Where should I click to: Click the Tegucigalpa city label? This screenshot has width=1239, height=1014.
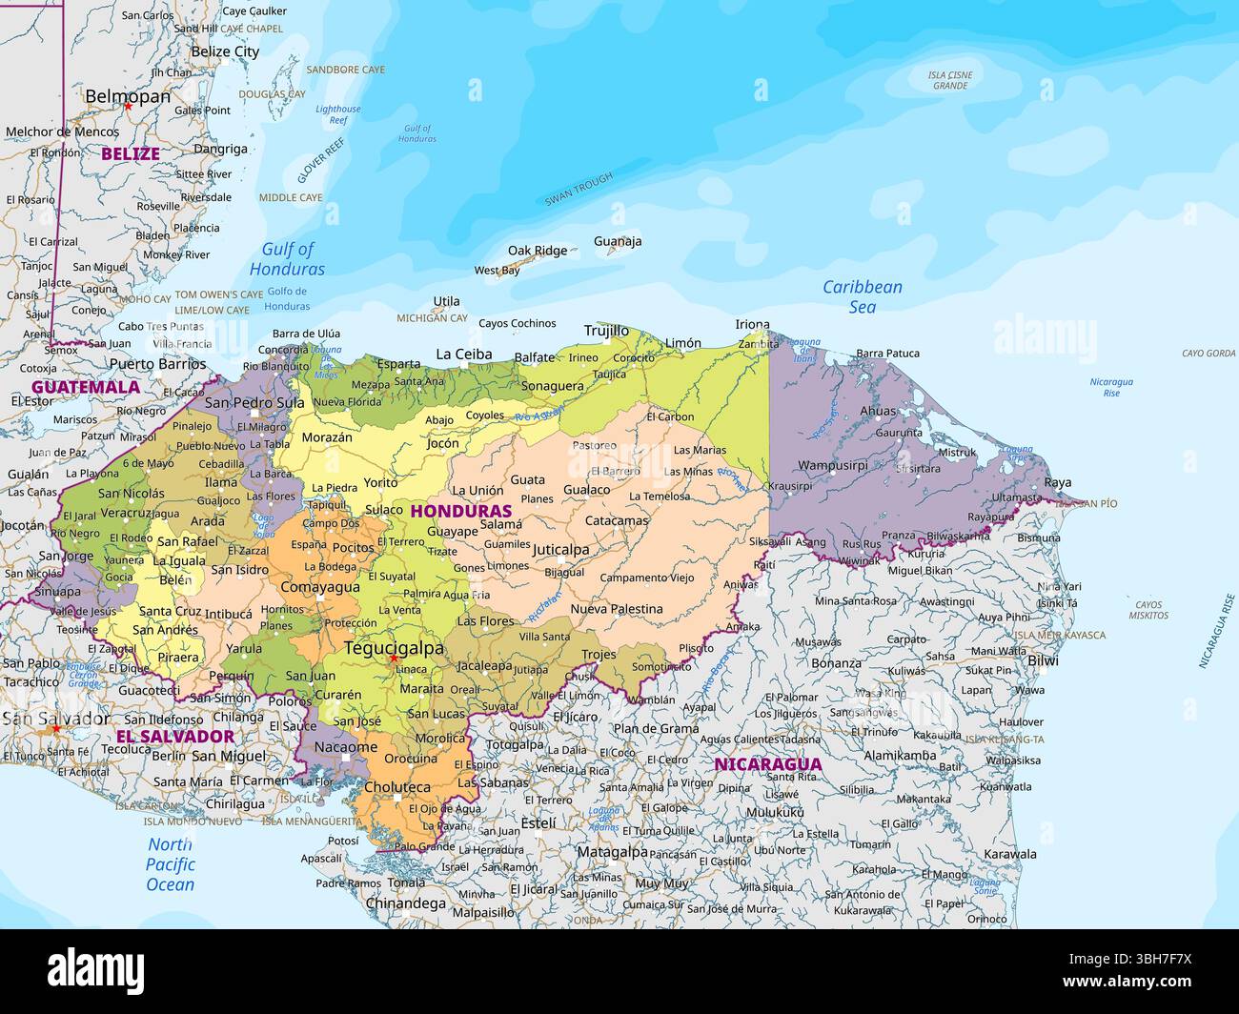pyautogui.click(x=394, y=648)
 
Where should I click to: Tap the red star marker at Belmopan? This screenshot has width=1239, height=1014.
pyautogui.click(x=128, y=107)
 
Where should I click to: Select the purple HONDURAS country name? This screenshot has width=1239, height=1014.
pyautogui.click(x=460, y=511)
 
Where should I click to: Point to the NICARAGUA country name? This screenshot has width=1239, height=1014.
pyautogui.click(x=767, y=764)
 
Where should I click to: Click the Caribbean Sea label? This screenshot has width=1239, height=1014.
pyautogui.click(x=862, y=296)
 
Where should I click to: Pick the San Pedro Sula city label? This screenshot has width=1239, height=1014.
pyautogui.click(x=254, y=402)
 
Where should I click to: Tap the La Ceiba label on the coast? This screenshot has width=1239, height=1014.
pyautogui.click(x=464, y=355)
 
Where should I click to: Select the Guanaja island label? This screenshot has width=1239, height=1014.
pyautogui.click(x=618, y=241)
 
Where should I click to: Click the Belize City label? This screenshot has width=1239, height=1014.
pyautogui.click(x=225, y=51)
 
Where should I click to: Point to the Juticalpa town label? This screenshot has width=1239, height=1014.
pyautogui.click(x=560, y=550)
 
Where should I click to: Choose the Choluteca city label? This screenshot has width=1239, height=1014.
pyautogui.click(x=397, y=787)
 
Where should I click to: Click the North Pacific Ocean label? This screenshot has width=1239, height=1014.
pyautogui.click(x=171, y=864)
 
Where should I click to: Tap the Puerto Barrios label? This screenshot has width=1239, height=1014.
pyautogui.click(x=157, y=363)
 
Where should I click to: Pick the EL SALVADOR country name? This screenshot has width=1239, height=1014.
pyautogui.click(x=174, y=737)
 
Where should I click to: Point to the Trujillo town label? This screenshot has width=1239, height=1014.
pyautogui.click(x=606, y=331)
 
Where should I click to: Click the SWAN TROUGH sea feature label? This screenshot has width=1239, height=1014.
pyautogui.click(x=579, y=189)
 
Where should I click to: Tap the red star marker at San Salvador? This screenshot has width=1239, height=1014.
pyautogui.click(x=56, y=729)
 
